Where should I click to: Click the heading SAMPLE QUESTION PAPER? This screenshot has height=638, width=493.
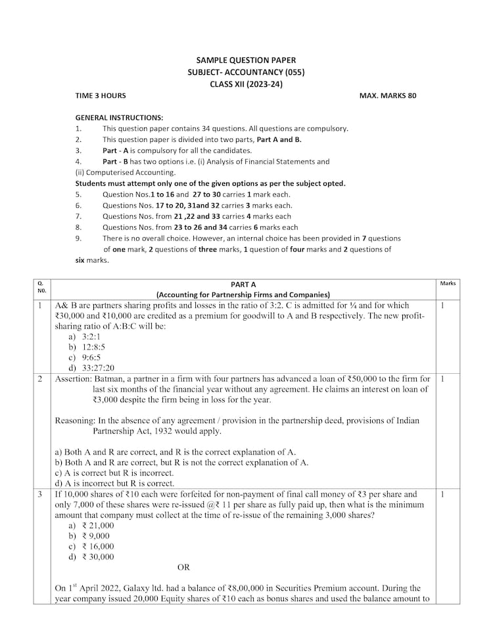click(246, 60)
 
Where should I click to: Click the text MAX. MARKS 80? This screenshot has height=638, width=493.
click(387, 96)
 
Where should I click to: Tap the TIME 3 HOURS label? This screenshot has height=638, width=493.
click(101, 96)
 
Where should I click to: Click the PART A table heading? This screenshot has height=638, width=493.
click(243, 284)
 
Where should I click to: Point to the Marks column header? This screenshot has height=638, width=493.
click(448, 283)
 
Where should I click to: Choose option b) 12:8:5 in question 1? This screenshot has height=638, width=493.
click(85, 346)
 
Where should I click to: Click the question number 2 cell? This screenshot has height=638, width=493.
click(40, 379)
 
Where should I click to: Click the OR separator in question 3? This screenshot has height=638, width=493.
click(183, 567)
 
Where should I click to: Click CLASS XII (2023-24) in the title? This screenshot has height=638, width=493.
click(246, 83)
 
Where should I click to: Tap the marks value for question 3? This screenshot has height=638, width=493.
click(443, 494)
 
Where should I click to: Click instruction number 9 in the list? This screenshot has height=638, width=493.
click(78, 238)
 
